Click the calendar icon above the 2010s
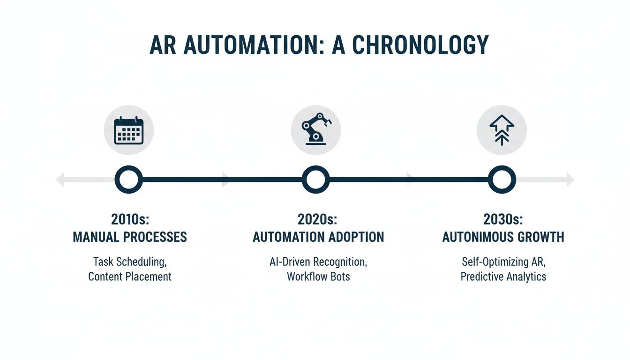[x=128, y=130]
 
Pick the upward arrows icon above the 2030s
[x=502, y=129]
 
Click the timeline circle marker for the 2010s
[x=128, y=180]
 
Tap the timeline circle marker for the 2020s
[x=315, y=180]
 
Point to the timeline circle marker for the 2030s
[x=502, y=180]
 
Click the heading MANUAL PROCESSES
[x=130, y=237]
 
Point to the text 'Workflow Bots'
[x=318, y=277]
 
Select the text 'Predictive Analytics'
[x=503, y=277]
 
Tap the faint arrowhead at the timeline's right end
[x=570, y=180]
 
